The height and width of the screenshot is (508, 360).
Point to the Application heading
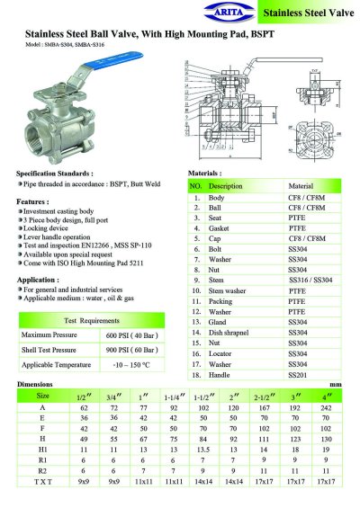pos(39,279)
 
